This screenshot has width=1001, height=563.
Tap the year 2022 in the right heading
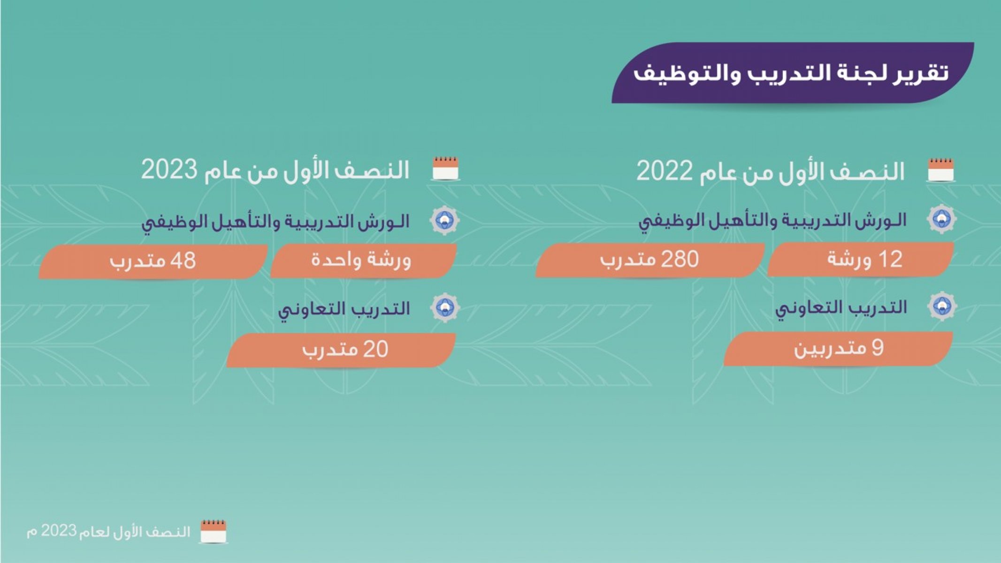click(x=664, y=171)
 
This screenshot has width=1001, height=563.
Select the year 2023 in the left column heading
click(x=169, y=169)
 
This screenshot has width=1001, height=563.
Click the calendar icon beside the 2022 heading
click(x=941, y=170)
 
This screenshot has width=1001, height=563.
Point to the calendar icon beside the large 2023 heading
click(x=445, y=168)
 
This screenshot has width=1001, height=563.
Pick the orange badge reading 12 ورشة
click(x=861, y=259)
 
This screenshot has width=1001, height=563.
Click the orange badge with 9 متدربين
click(x=838, y=349)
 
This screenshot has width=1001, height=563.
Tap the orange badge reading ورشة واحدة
click(x=363, y=260)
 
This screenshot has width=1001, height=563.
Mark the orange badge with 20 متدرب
click(x=341, y=350)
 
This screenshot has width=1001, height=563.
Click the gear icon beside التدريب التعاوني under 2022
click(x=942, y=306)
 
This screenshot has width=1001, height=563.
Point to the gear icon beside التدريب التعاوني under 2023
click(x=445, y=308)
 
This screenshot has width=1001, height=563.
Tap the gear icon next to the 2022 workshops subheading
click(x=942, y=218)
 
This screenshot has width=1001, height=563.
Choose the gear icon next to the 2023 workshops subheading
click(x=445, y=220)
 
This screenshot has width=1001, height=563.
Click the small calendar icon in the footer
click(x=214, y=532)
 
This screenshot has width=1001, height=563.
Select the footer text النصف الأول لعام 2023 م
click(x=108, y=532)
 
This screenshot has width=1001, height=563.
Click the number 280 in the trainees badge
click(x=680, y=259)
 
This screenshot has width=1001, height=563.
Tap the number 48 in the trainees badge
click(x=183, y=261)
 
